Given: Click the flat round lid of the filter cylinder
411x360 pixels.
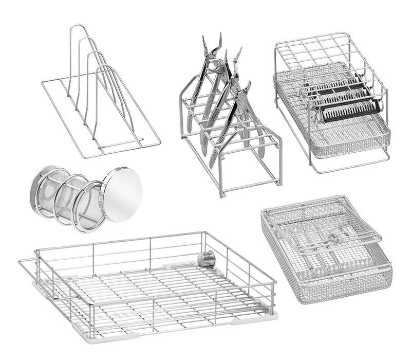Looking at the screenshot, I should pyautogui.click(x=123, y=188).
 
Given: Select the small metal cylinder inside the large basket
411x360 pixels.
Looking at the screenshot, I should pyautogui.click(x=207, y=259).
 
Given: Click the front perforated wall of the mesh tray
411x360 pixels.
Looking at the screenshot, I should pyautogui.click(x=344, y=285).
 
